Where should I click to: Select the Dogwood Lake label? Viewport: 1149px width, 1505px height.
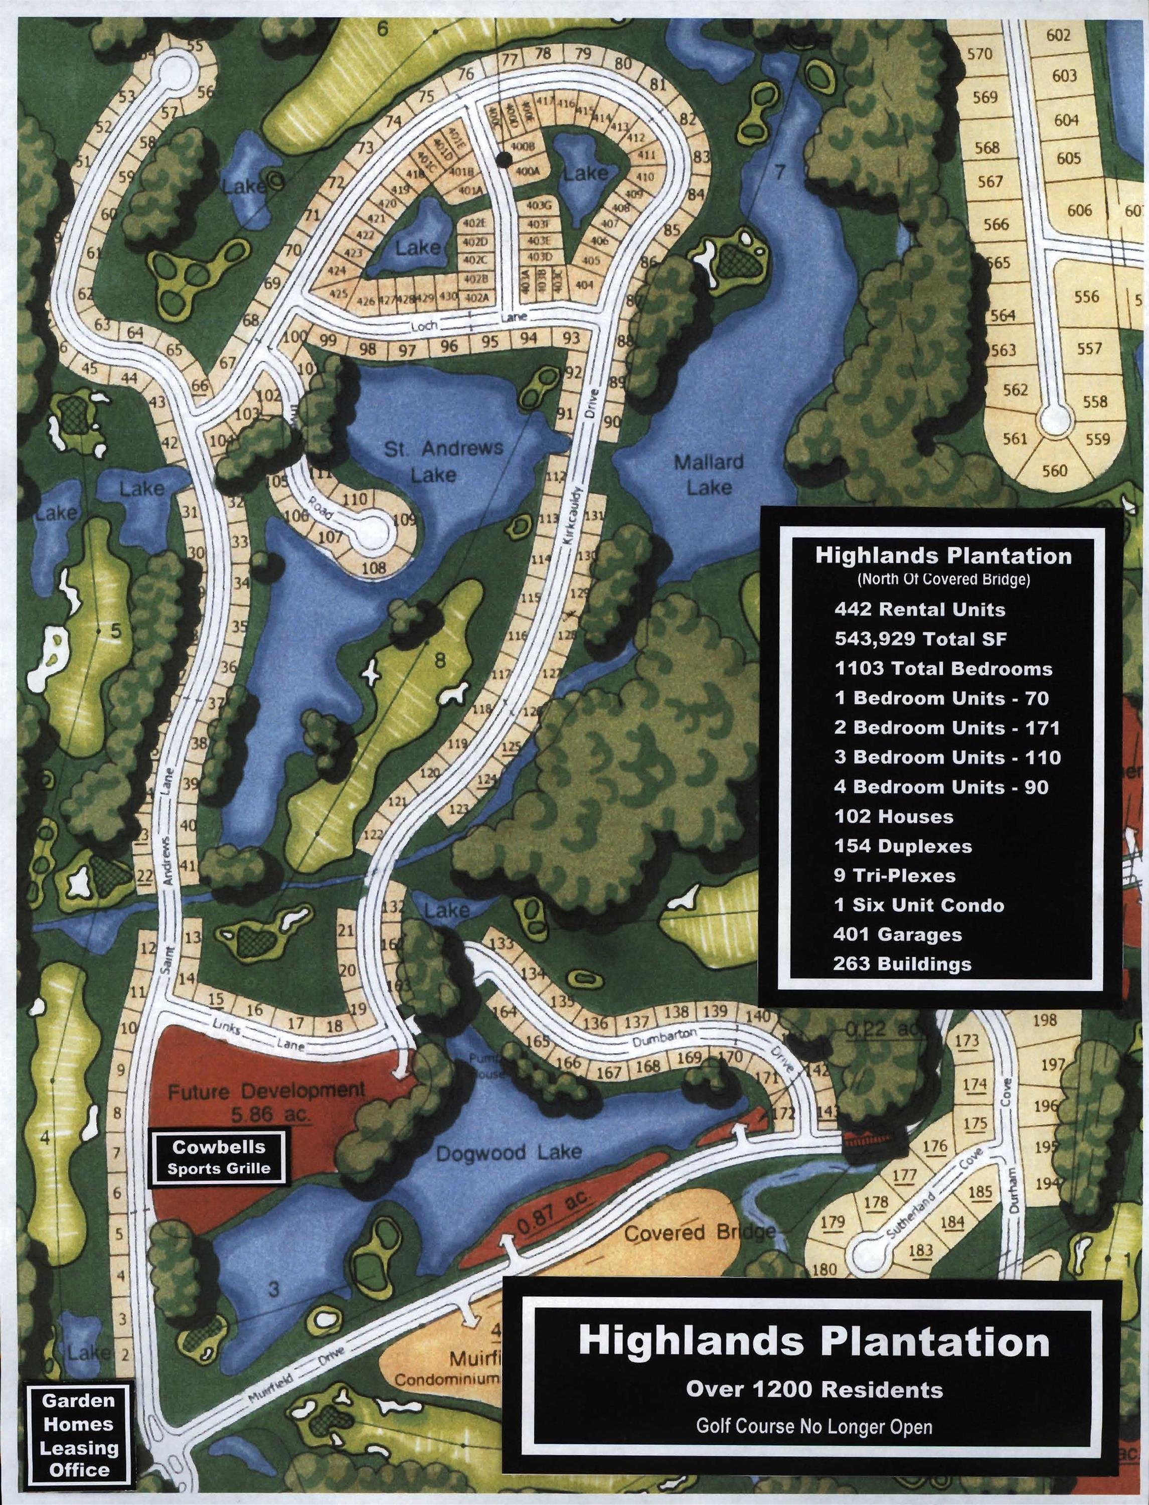tap(509, 1153)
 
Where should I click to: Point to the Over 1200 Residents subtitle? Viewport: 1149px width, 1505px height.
tap(814, 1390)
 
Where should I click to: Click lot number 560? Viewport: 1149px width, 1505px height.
tap(1055, 471)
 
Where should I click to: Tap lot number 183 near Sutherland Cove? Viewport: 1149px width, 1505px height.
tap(921, 1250)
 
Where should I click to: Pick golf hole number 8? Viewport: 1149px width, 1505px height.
tap(440, 660)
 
